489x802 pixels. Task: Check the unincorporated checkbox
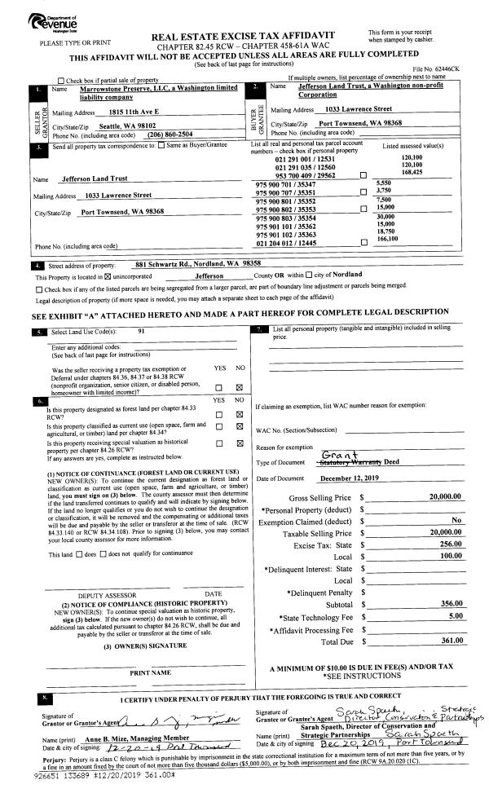(x=103, y=275)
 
